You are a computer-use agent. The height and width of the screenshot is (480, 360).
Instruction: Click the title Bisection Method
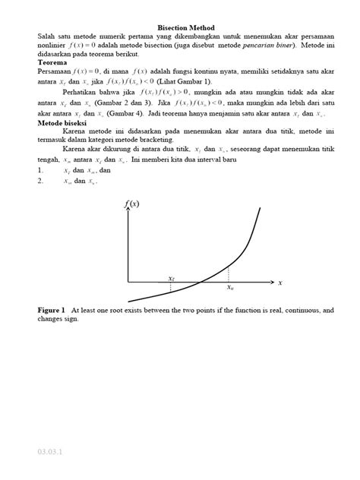point(180,27)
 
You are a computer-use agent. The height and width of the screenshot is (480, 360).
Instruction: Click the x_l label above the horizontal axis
point(172,278)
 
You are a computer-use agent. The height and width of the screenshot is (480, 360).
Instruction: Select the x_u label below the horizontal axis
point(229,289)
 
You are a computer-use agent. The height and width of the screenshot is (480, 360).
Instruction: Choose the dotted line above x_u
point(229,275)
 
